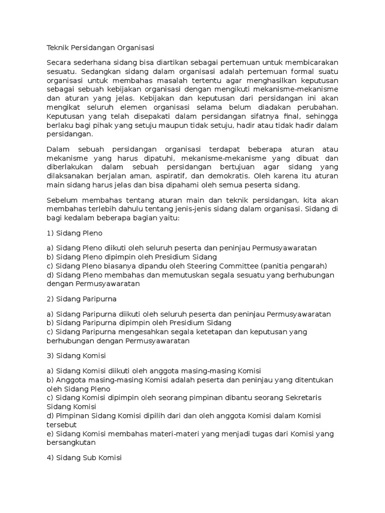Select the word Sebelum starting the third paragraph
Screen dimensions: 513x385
point(61,200)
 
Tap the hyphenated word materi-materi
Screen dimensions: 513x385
point(190,434)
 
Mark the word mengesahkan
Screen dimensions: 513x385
point(144,332)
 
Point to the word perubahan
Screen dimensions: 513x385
point(318,107)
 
